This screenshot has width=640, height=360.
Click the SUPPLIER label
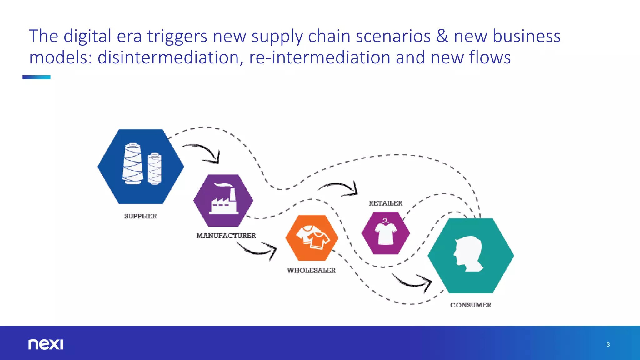[x=140, y=216]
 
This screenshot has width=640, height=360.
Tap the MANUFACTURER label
[x=226, y=236]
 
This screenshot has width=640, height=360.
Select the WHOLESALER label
[x=311, y=270]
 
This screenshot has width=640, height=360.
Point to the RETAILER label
[x=385, y=203]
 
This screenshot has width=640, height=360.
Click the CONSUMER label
[x=471, y=305]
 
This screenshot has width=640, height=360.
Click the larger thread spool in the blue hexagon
[x=132, y=164]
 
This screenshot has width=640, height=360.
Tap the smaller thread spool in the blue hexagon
[x=155, y=169]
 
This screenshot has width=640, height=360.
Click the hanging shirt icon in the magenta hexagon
[x=386, y=232]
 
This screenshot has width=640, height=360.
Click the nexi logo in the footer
[x=46, y=344]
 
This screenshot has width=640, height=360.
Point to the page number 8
[x=608, y=345]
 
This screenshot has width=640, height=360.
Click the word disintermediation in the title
[x=168, y=58]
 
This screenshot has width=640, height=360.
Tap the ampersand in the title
[x=442, y=36]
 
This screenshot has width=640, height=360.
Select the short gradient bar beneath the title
[x=37, y=77]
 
